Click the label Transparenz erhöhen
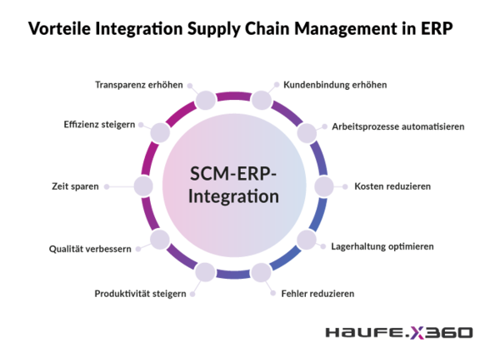(x=139, y=85)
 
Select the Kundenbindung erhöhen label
(x=335, y=85)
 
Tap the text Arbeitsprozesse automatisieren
(x=398, y=126)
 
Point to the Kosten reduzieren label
(x=392, y=186)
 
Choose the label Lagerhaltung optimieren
(x=382, y=247)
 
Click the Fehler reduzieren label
(x=317, y=294)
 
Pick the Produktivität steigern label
(x=140, y=294)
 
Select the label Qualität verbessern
(x=90, y=249)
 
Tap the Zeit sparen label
(x=75, y=186)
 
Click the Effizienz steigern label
(x=99, y=125)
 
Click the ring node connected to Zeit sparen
(x=143, y=186)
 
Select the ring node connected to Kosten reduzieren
(x=324, y=186)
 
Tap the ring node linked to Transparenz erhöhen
(x=206, y=100)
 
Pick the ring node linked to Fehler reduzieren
(x=261, y=272)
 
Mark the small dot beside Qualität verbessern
(x=138, y=249)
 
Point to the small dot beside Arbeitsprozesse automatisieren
(x=325, y=126)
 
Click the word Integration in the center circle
(x=233, y=196)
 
